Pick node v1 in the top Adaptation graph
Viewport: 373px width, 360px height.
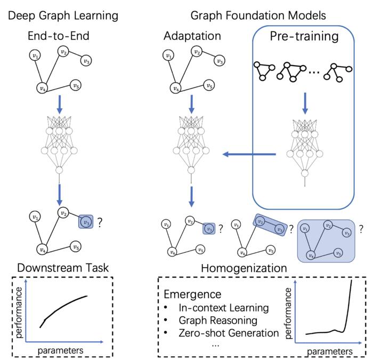[169, 55]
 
